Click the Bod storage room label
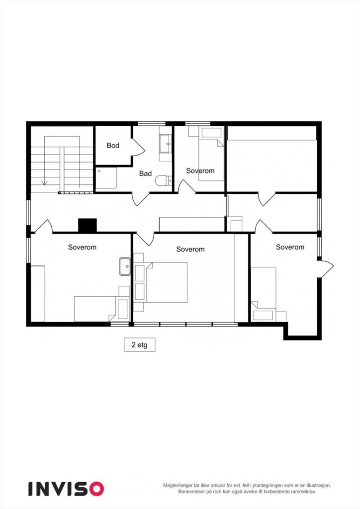113,146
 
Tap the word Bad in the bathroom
145,173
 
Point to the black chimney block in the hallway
88,226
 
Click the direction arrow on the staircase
44,181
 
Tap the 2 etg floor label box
139,344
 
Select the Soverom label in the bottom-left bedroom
82,247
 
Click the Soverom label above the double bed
190,249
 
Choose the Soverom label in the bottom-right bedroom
290,247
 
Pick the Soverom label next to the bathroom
200,170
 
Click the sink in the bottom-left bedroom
124,267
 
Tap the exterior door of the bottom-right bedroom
327,268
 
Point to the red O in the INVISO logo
96,488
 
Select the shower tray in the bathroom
106,178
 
